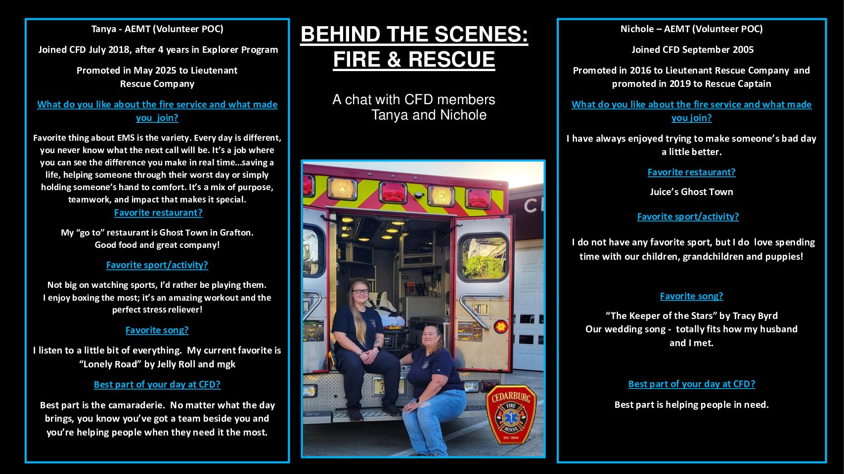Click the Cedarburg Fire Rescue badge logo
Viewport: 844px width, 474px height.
[511, 414]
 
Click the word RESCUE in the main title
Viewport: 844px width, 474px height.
[451, 59]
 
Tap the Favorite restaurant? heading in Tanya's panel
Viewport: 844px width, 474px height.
[158, 212]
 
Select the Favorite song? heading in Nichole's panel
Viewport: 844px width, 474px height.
[691, 296]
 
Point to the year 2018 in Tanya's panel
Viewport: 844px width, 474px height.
[119, 50]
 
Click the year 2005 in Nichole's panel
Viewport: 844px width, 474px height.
[743, 50]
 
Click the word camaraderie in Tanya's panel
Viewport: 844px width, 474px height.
[135, 405]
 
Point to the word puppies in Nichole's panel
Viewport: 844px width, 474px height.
[787, 257]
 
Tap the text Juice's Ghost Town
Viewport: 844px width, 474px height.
[691, 192]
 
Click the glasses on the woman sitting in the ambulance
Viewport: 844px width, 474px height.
[360, 291]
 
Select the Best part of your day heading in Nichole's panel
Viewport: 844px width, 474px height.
[691, 384]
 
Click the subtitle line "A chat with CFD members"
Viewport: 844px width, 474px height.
[414, 100]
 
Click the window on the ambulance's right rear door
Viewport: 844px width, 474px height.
[484, 258]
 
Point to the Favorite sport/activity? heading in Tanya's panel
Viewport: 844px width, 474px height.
[157, 265]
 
